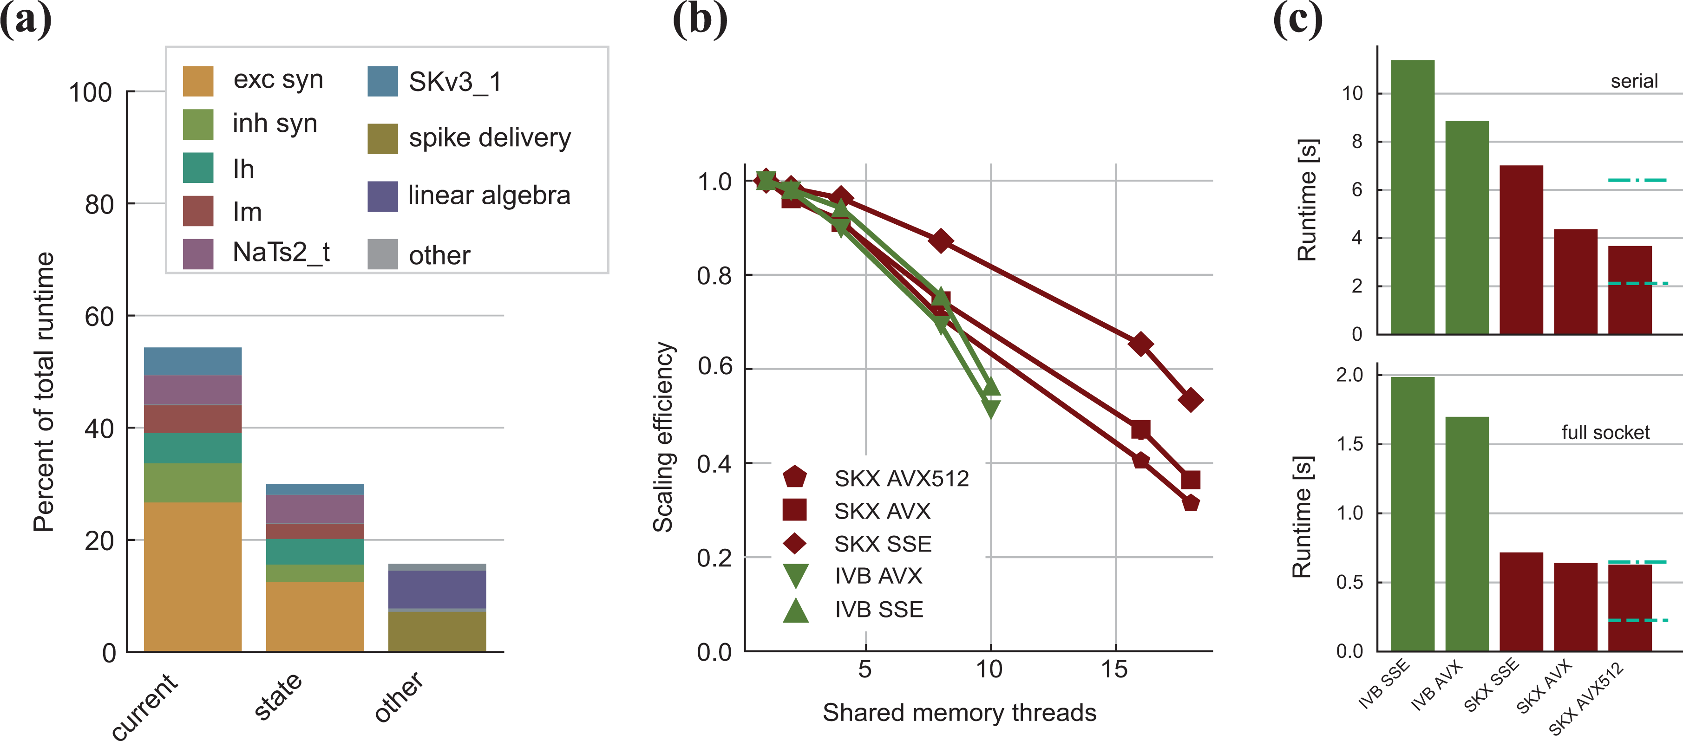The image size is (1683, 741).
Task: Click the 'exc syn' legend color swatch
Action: pyautogui.click(x=198, y=81)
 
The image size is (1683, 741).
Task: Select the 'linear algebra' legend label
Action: pyautogui.click(x=489, y=195)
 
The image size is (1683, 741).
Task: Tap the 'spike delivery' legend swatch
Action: pyautogui.click(x=383, y=138)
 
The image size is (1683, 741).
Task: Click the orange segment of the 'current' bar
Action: pyautogui.click(x=193, y=577)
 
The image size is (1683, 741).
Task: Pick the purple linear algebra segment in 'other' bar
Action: pyautogui.click(x=437, y=590)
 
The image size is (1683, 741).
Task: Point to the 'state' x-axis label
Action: pyautogui.click(x=278, y=696)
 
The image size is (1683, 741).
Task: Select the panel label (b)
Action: pyautogui.click(x=701, y=19)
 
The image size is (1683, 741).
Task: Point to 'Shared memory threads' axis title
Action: pyautogui.click(x=959, y=712)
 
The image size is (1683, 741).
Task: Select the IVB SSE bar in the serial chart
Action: pyautogui.click(x=1413, y=197)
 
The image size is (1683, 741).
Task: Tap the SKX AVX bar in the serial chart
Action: pyautogui.click(x=1576, y=281)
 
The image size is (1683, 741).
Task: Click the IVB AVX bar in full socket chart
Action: pyautogui.click(x=1467, y=533)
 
